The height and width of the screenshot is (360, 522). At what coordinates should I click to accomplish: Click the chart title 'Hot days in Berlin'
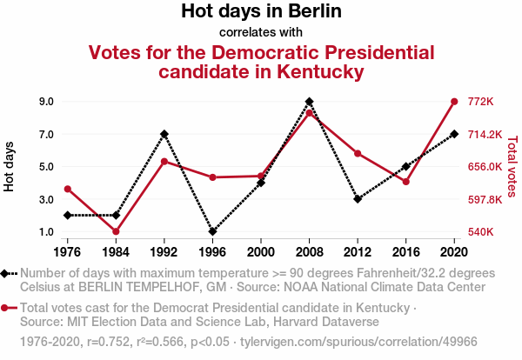(261, 12)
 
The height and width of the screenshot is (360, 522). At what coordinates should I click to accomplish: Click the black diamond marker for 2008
(310, 102)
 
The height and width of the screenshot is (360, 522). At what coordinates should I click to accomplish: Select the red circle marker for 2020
(454, 102)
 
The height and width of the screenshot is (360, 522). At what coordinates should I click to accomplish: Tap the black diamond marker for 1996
(213, 232)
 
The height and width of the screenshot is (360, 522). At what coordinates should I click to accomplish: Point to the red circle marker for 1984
(116, 231)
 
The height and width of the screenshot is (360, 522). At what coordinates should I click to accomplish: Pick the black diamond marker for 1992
(164, 134)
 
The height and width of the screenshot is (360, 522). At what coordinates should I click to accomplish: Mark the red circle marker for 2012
(358, 154)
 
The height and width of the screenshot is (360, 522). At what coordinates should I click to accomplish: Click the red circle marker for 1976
(68, 189)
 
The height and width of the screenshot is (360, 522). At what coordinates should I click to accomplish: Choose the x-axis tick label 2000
(261, 252)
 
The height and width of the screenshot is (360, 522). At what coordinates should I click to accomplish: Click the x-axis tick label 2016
(405, 252)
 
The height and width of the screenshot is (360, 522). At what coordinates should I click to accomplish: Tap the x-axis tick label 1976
(68, 252)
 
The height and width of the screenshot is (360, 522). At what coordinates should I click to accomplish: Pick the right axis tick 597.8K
(486, 200)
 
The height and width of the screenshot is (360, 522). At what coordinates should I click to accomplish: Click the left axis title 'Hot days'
(10, 166)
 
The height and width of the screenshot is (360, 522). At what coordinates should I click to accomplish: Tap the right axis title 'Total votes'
(512, 166)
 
